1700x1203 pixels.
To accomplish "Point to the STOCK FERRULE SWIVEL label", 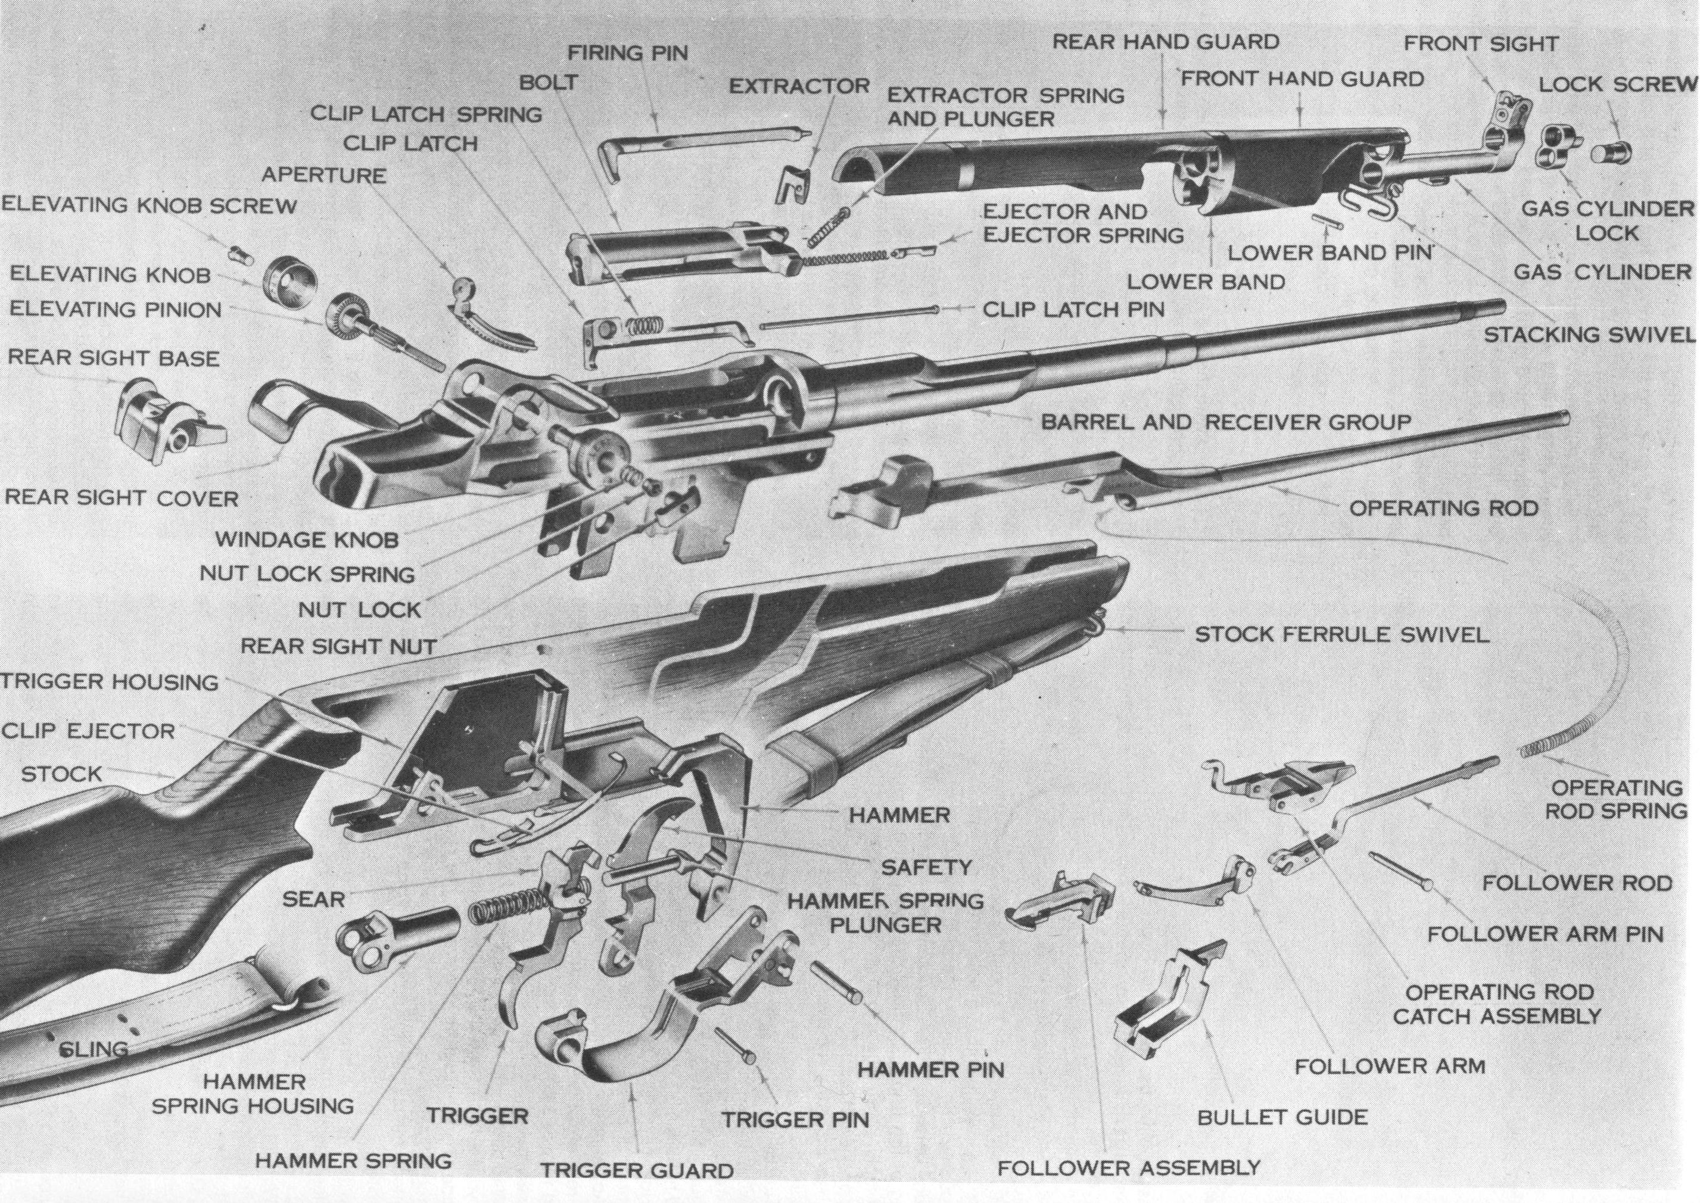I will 1341,635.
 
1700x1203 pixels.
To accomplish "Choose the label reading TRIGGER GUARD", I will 637,1170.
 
